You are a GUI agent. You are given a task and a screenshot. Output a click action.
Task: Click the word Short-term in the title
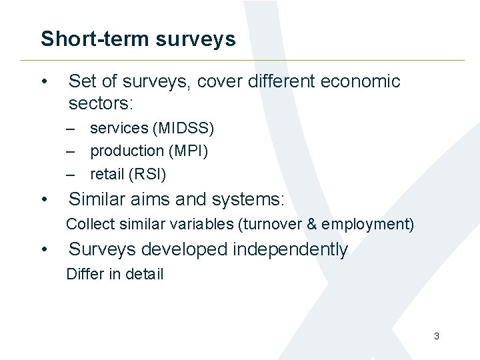[95, 39]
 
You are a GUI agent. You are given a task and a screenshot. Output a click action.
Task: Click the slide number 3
[437, 336]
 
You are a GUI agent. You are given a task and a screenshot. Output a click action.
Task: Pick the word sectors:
[101, 103]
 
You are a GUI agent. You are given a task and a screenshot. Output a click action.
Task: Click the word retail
[107, 174]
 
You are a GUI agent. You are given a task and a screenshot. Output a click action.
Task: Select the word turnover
[273, 224]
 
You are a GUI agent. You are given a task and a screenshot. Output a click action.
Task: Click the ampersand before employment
[311, 224]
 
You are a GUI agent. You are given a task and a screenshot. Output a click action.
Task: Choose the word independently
[290, 249]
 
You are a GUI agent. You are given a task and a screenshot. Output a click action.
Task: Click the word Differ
[85, 274]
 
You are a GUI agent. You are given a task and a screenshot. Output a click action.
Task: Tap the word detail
[144, 274]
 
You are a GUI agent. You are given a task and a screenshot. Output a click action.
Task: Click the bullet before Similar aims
[43, 199]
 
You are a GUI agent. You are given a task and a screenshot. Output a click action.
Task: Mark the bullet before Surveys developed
[43, 249]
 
